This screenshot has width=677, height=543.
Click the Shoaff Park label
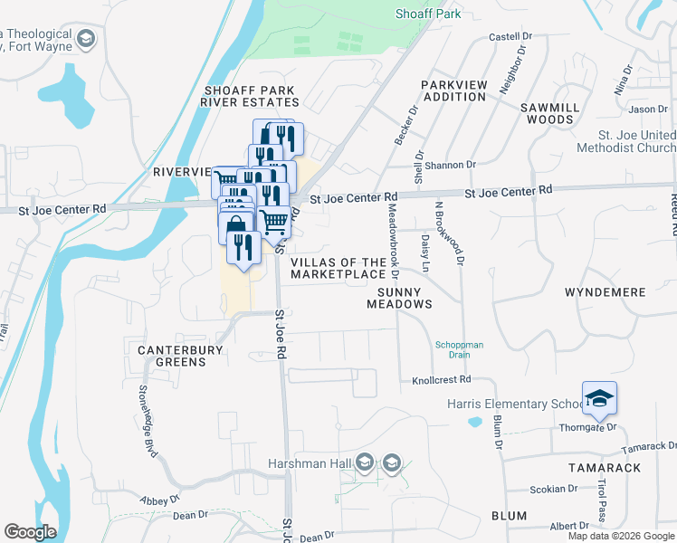tap(428, 14)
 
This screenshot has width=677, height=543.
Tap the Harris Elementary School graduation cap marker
tap(599, 399)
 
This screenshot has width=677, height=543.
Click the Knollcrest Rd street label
tap(443, 380)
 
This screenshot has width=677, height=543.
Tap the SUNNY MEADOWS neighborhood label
tap(399, 298)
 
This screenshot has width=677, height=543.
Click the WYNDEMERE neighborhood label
tap(605, 293)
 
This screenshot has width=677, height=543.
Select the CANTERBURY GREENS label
tap(172, 356)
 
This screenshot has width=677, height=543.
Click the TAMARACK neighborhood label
tap(605, 468)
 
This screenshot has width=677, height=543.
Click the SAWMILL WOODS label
tap(547, 113)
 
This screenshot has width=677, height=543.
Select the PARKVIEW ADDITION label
tap(454, 90)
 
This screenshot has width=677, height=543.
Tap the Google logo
tap(31, 533)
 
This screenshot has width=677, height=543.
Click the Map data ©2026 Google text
tap(621, 536)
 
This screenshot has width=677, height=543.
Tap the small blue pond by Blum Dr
tap(474, 422)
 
